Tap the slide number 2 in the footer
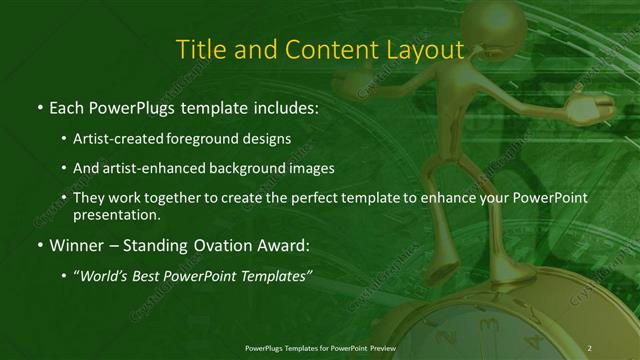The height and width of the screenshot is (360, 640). (x=589, y=347)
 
